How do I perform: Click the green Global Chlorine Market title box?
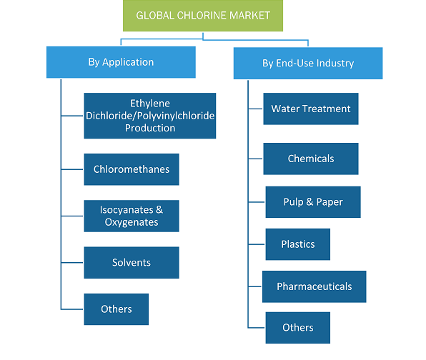coord(203,16)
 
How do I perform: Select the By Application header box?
coord(121,62)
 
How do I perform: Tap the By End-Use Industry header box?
coord(308,64)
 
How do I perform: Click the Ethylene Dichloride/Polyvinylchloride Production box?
coord(150,116)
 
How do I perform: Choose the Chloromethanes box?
coord(132,169)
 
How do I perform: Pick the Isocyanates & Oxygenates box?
coord(132,216)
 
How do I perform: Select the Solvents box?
coord(132,263)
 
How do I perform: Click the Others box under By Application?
coord(117,309)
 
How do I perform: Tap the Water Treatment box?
coord(311,109)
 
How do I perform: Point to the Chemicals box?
coord(311,159)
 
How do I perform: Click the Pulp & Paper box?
coord(313,202)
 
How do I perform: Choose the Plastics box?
coord(298,244)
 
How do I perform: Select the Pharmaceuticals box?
coord(314,286)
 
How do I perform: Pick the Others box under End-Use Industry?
coord(298,328)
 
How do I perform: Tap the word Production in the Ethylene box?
coord(150,128)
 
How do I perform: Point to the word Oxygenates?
coord(132,222)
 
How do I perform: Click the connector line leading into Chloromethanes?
coord(72,169)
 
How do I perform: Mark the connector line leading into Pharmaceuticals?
coord(255,286)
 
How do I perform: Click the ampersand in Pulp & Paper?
coord(309,201)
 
